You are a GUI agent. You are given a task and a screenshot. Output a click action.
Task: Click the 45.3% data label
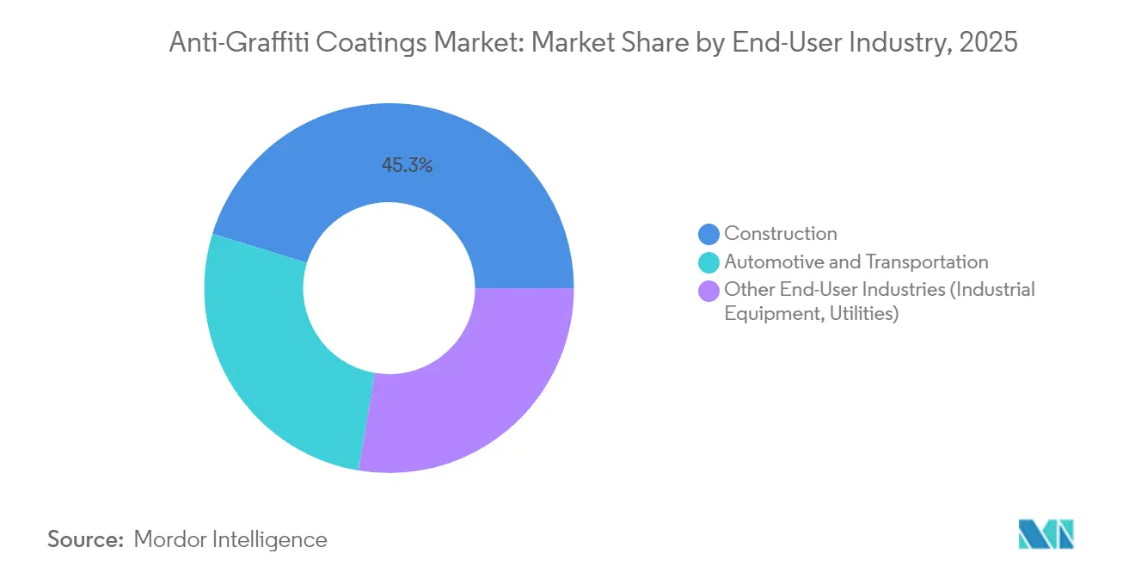pyautogui.click(x=407, y=166)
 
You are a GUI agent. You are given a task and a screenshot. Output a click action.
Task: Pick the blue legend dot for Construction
pyautogui.click(x=709, y=234)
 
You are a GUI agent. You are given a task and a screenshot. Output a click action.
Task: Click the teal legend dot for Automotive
pyautogui.click(x=709, y=262)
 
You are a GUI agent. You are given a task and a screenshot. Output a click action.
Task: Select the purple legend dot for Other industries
pyautogui.click(x=709, y=291)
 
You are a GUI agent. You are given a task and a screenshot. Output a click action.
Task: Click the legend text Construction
pyautogui.click(x=780, y=233)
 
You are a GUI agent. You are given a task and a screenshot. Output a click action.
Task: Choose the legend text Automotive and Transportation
pyautogui.click(x=856, y=261)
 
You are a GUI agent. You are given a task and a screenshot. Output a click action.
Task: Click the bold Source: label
pyautogui.click(x=86, y=539)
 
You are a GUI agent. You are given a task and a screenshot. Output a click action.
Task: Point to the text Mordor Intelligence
pyautogui.click(x=230, y=539)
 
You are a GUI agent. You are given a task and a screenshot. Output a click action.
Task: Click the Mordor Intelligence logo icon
pyautogui.click(x=1046, y=534)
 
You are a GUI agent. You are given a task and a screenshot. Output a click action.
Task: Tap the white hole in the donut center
pyautogui.click(x=389, y=288)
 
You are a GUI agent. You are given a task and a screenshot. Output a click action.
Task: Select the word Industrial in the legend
pyautogui.click(x=994, y=289)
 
